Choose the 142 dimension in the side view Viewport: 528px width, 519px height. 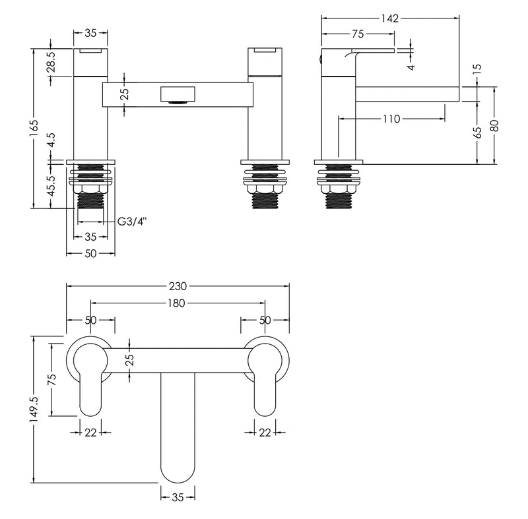(x=390, y=18)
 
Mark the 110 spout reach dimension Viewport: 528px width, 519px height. (x=391, y=119)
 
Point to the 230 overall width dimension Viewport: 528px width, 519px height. (x=178, y=286)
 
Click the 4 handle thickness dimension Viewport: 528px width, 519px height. (x=411, y=66)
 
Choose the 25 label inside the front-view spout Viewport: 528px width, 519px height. (x=126, y=94)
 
